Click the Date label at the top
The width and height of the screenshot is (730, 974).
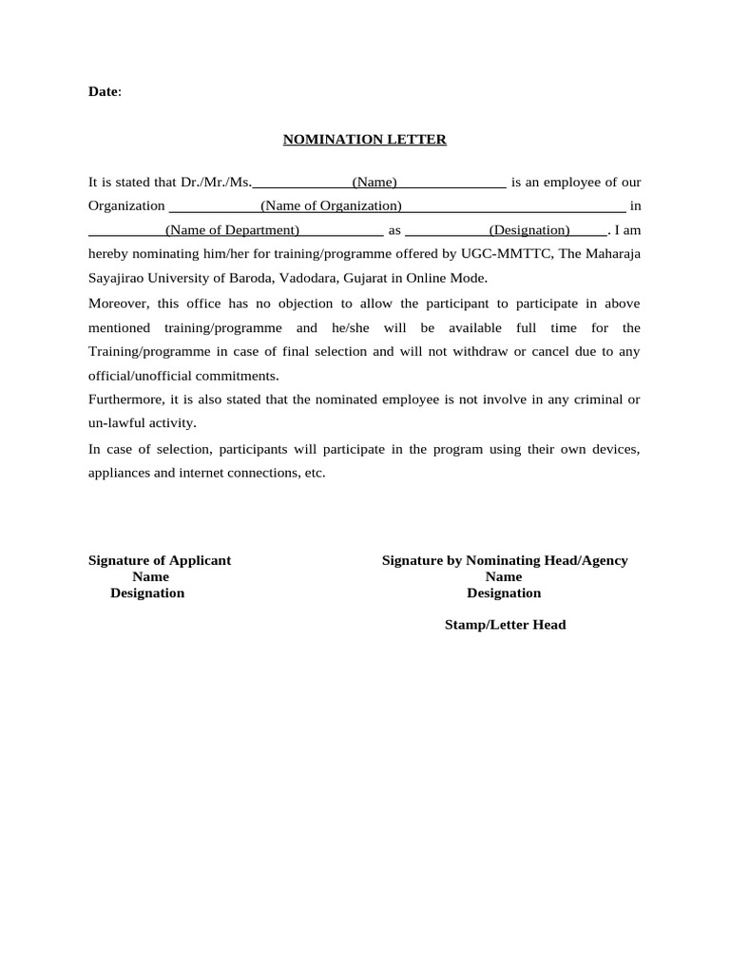click(x=104, y=91)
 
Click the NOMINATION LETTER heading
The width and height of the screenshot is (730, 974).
click(x=365, y=140)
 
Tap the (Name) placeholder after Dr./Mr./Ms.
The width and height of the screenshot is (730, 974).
click(x=375, y=182)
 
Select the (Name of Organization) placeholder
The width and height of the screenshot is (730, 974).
click(x=331, y=205)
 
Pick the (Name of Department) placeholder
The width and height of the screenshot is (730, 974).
click(x=232, y=229)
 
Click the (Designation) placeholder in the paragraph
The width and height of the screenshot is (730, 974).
click(x=529, y=229)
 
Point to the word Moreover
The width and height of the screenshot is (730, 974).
click(x=119, y=303)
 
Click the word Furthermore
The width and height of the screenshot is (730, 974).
click(x=125, y=399)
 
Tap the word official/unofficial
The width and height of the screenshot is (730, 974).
click(x=142, y=376)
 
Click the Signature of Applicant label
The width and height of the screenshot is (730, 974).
click(x=160, y=560)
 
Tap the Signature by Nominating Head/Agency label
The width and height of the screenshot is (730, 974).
click(x=505, y=560)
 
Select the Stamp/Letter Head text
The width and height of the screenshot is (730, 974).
click(x=505, y=625)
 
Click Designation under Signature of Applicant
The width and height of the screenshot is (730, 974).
click(x=147, y=593)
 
